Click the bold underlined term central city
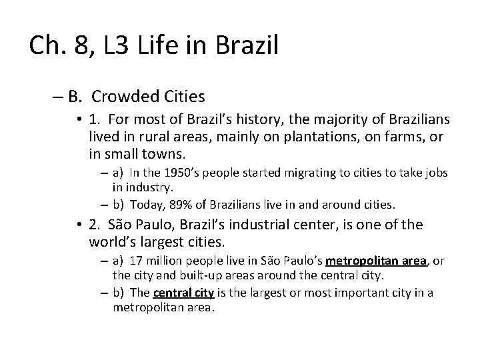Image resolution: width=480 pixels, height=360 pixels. click(x=175, y=292)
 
